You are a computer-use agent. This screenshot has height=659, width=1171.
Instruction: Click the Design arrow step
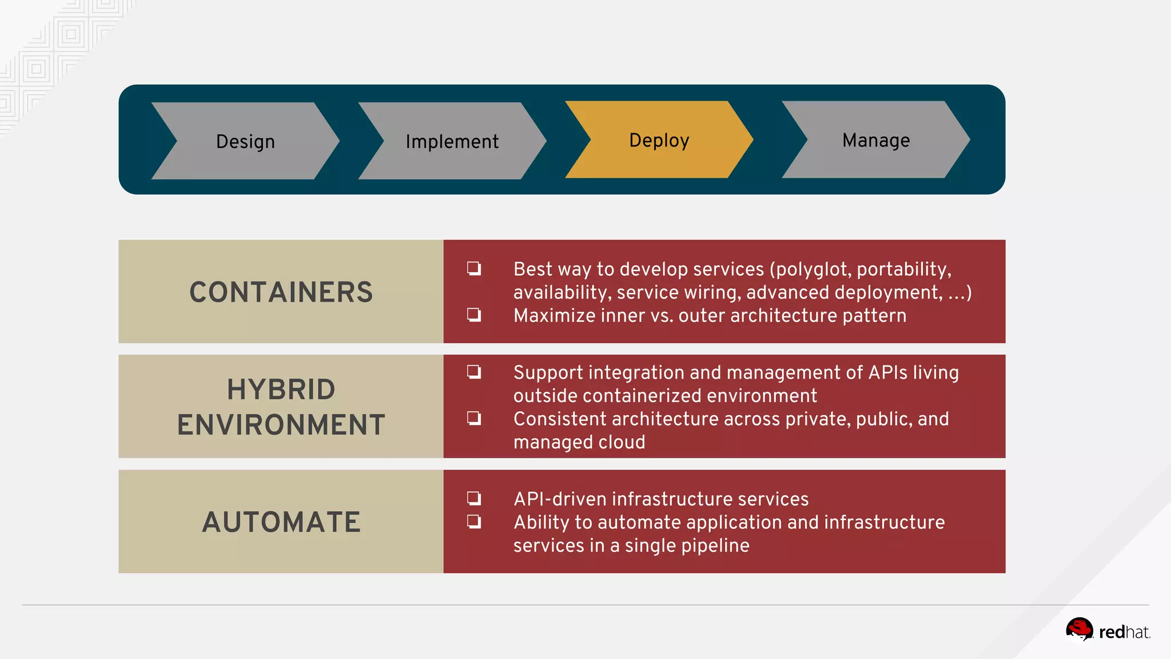tap(245, 141)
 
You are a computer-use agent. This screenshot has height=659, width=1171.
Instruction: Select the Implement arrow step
tap(452, 141)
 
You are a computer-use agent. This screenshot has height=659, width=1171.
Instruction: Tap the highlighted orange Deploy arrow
tap(659, 140)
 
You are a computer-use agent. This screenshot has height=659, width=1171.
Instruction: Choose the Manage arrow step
tap(875, 140)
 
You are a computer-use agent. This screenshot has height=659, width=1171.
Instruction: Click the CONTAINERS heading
tap(281, 292)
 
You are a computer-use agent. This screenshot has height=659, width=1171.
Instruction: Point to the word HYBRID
tap(281, 390)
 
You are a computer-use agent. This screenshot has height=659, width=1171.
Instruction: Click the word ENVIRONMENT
tap(281, 425)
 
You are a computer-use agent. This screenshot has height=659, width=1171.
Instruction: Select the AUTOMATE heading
tap(281, 522)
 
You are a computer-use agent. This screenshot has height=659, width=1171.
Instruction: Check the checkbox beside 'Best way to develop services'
tap(473, 268)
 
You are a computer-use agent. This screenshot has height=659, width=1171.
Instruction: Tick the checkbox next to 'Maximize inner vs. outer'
tap(473, 315)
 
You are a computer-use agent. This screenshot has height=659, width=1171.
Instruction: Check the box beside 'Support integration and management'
tap(473, 372)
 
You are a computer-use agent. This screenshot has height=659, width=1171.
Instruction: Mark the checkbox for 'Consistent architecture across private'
tap(473, 418)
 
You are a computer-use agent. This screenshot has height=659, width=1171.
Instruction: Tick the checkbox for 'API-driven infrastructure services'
tap(473, 498)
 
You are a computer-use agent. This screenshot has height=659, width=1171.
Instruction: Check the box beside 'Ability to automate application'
tap(473, 522)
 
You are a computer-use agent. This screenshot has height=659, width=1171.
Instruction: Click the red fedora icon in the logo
tap(1079, 630)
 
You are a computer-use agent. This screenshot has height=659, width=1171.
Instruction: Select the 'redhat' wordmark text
tap(1124, 632)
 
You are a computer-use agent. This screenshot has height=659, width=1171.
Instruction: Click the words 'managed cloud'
tap(579, 442)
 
